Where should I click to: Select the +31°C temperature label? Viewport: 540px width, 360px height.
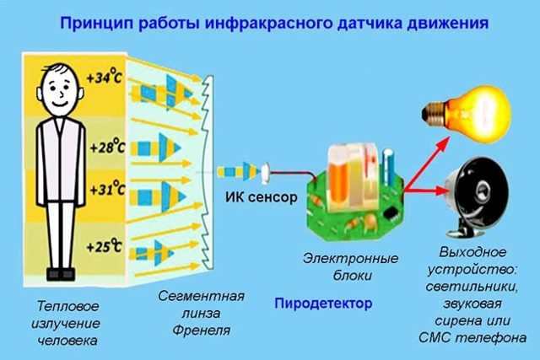pos(107,188)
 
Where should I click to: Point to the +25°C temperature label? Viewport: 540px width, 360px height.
pos(105,245)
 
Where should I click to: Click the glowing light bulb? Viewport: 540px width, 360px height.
pos(467,114)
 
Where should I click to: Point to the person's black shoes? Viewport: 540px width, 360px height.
pos(61,274)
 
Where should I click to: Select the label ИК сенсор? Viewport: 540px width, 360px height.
pos(261,197)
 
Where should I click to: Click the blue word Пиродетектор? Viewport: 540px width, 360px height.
pos(323,304)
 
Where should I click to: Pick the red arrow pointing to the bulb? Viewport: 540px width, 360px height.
pos(427,163)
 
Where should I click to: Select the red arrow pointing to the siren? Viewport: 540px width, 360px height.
pos(424,190)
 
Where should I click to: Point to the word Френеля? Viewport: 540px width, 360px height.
pos(201,330)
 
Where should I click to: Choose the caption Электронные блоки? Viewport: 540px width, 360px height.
pos(351,266)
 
